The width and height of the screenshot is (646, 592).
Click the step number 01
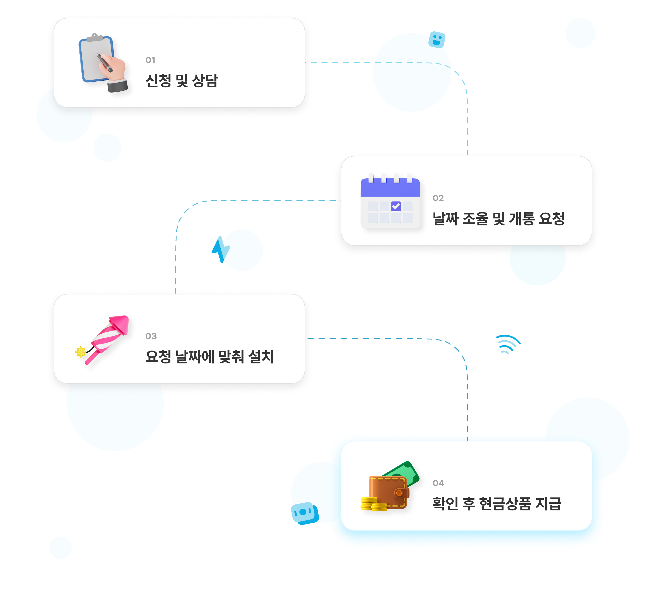tap(150, 60)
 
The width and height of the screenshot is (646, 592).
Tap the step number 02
tap(438, 198)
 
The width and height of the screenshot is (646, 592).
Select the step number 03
tap(151, 336)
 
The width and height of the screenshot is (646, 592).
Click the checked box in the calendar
tap(396, 206)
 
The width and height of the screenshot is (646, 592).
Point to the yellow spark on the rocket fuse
tap(81, 352)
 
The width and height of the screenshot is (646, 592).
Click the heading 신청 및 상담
tap(182, 80)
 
